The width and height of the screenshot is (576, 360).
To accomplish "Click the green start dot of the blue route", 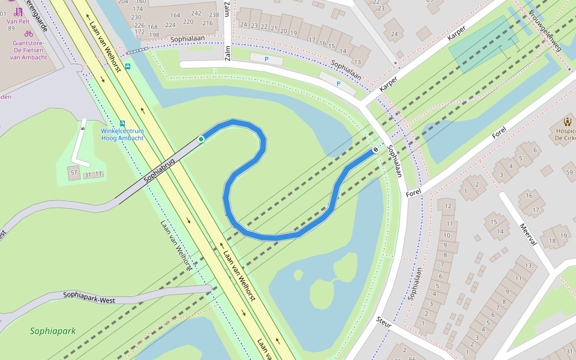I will coord(201,139).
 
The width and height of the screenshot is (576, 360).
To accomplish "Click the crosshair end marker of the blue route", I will coord(376,149).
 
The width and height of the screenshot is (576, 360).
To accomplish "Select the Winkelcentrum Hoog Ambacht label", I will coord(122,134).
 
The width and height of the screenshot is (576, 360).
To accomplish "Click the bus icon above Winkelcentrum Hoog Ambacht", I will coord(122,123).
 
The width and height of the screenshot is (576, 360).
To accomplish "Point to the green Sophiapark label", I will coord(53,331).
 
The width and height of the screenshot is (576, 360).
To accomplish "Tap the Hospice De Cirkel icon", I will coord(566,122).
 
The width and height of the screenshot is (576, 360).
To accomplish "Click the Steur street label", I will coord(384,322).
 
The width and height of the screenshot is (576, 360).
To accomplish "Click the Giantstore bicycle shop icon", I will coord(29,34).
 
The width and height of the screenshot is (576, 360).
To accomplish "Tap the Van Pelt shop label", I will coord(18,21).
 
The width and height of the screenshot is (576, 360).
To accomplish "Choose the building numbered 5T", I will coord(74,173).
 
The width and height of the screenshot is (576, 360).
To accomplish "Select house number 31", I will coord(569,351).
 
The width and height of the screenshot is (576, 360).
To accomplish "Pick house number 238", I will coord(214,15).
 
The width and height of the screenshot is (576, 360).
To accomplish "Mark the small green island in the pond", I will coord(322,293).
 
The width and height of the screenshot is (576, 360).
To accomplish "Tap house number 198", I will coord(154,35).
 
